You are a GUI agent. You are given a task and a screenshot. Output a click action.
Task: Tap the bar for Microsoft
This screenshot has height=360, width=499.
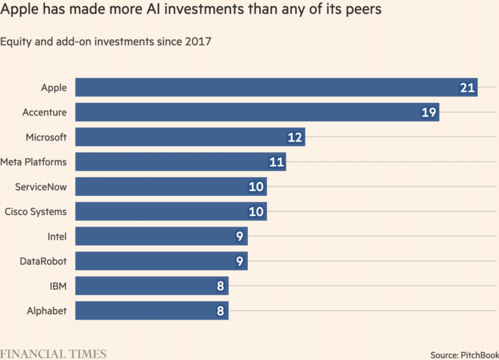coord(190,137)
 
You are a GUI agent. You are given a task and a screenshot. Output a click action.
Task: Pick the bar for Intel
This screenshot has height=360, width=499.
coord(162,236)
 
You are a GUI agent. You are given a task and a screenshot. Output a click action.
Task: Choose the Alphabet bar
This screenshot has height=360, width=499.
coord(152,311)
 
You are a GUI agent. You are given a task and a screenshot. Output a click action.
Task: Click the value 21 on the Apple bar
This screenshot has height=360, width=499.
coord(467,88)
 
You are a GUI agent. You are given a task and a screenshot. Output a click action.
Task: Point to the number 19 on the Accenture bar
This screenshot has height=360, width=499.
coord(429,113)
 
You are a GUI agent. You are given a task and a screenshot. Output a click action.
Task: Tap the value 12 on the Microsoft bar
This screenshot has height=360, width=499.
coord(295,137)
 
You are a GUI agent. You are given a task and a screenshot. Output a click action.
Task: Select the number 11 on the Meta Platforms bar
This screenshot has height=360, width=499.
coord(276,162)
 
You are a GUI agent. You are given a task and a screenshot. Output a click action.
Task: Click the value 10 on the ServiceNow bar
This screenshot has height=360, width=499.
coord(256,187)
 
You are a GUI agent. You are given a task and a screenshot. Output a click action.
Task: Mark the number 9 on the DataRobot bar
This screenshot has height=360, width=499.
coord(240,261)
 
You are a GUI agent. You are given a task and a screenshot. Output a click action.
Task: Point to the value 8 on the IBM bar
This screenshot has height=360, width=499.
coord(220,286)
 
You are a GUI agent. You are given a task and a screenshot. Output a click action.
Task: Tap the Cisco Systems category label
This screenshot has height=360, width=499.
coord(36,212)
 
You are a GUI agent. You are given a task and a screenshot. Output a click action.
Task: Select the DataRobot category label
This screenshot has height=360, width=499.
coord(43,261)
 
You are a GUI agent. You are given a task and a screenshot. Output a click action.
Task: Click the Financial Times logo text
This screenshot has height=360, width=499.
coord(53,354)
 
